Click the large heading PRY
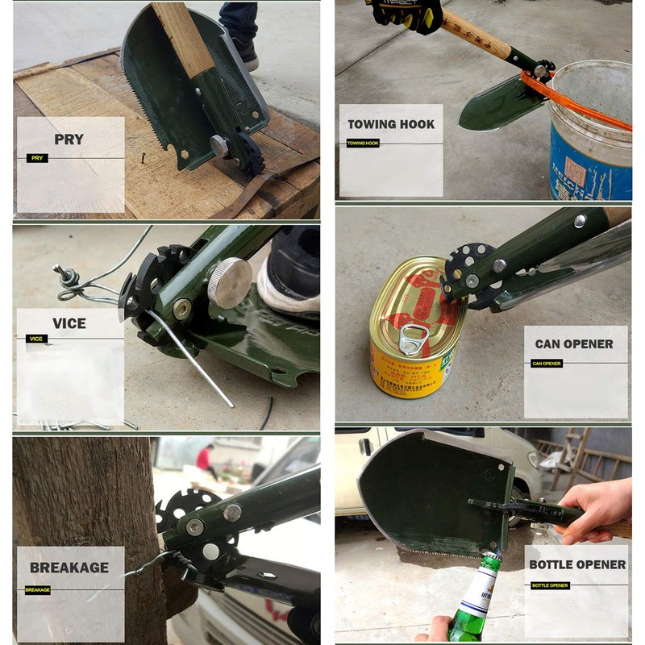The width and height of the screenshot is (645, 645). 69,139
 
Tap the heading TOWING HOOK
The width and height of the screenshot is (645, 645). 391,124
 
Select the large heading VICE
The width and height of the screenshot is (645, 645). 69,323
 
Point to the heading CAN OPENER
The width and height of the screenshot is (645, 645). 574,344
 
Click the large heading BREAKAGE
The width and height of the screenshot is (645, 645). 69,568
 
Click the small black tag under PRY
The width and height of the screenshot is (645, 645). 37,158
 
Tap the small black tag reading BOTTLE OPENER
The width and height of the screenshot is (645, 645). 550,585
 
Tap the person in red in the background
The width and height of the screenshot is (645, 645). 205,459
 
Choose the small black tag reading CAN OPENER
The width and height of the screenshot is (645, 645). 546,364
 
